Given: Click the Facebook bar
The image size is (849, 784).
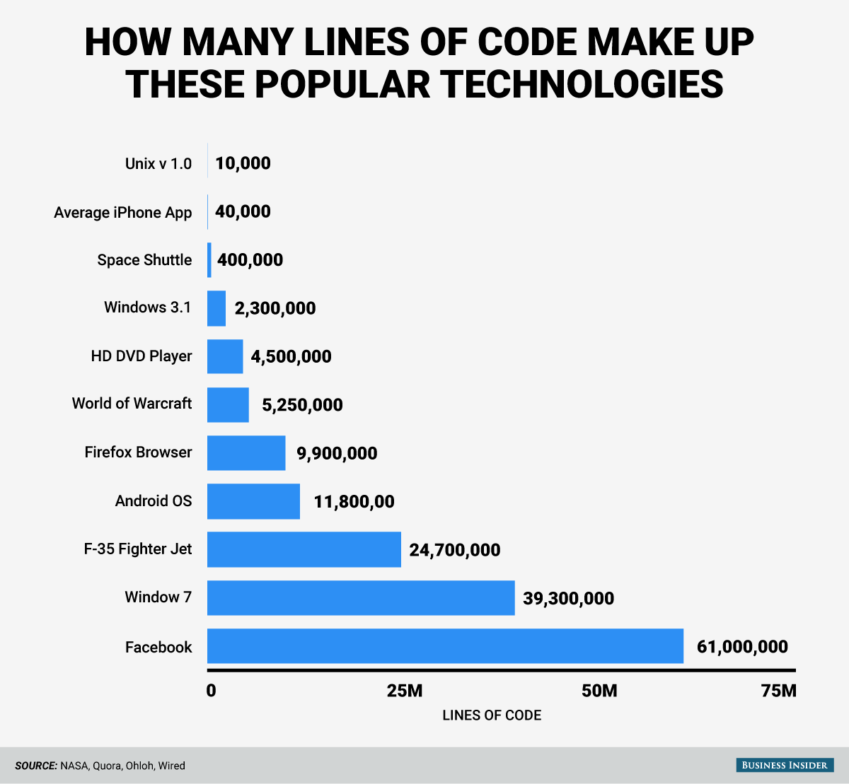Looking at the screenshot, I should click(x=445, y=645).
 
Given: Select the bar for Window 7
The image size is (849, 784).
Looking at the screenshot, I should click(x=361, y=597).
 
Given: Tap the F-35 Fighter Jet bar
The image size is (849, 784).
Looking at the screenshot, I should click(x=304, y=549).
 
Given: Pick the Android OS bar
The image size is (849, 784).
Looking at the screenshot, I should click(x=253, y=501).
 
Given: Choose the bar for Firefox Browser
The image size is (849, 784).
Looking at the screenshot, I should click(x=246, y=452).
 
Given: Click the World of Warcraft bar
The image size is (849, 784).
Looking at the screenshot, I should click(x=228, y=404).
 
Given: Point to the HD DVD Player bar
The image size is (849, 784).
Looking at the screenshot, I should click(x=225, y=356).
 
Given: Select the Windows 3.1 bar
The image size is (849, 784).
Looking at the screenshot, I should click(x=216, y=308).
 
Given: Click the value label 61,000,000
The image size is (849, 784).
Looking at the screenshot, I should click(x=742, y=646).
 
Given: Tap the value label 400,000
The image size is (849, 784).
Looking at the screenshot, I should click(x=250, y=260).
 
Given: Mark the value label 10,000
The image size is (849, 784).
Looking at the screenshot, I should click(x=243, y=163).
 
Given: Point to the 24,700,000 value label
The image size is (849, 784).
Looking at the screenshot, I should click(x=454, y=550).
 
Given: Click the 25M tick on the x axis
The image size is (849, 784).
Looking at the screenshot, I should click(x=405, y=691).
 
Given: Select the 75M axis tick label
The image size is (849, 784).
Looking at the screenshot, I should click(x=778, y=691).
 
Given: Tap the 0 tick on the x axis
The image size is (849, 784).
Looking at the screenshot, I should click(x=211, y=691).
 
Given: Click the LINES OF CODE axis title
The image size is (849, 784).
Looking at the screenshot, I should click(x=492, y=715).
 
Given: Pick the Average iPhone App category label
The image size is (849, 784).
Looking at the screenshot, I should click(x=123, y=213).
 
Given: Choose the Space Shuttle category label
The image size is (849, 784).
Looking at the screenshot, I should click(x=144, y=260).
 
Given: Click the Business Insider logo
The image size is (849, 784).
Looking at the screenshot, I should click(x=785, y=765).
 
